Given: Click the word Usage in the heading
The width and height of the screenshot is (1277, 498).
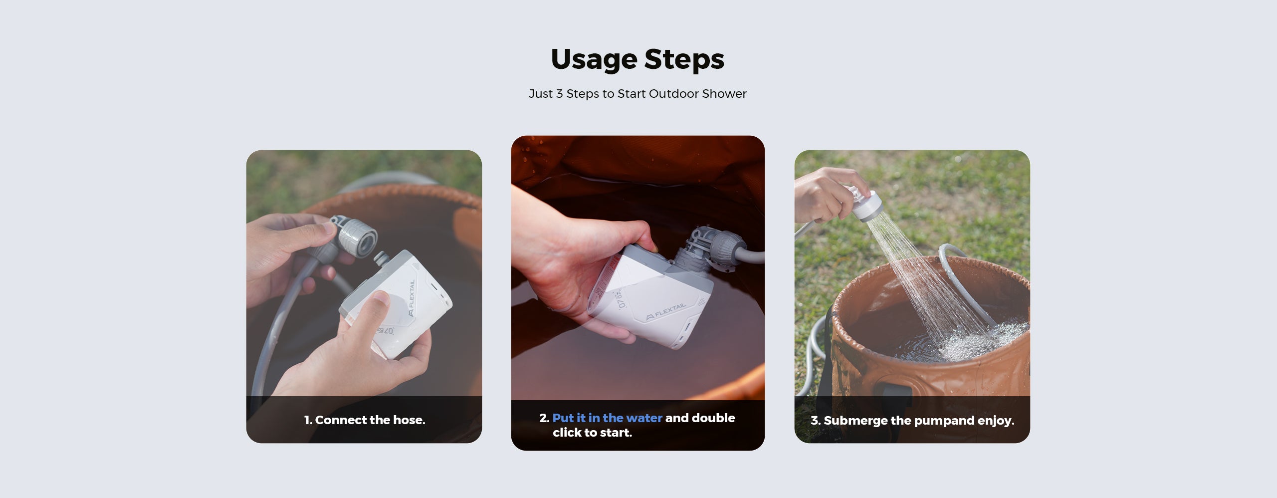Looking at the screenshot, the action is coord(594,60).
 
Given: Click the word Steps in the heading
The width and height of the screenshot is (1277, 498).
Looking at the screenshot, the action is coord(684,59).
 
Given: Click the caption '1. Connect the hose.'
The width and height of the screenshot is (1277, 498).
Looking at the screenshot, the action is coord(365,420).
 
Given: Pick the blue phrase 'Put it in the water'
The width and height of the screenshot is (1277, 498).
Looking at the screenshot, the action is coord(607,418).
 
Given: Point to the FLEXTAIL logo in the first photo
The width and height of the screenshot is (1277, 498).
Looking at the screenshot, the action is coord(412,298).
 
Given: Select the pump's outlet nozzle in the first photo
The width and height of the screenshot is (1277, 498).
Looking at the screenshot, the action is coord(382,259).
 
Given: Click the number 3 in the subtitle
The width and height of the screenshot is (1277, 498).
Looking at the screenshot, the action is coord(559,94).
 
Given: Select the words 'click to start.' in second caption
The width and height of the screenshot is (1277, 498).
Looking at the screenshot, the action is coord(592,433).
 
